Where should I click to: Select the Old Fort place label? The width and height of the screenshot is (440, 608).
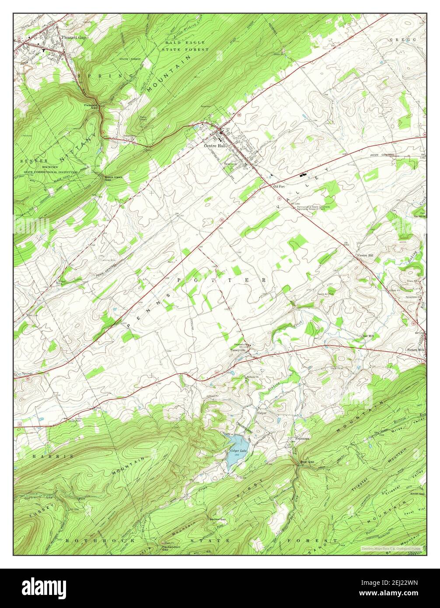[279, 187]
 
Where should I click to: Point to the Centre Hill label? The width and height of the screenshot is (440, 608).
[365, 255]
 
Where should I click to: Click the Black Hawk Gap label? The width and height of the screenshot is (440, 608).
[112, 178]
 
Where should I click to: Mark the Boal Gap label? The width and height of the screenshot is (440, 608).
[307, 461]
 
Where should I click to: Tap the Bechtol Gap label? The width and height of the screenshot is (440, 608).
[217, 519]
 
